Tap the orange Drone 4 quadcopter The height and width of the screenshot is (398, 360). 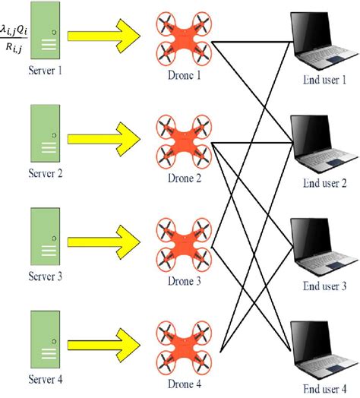(x=182, y=346)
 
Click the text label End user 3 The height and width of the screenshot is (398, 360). (x=324, y=286)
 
